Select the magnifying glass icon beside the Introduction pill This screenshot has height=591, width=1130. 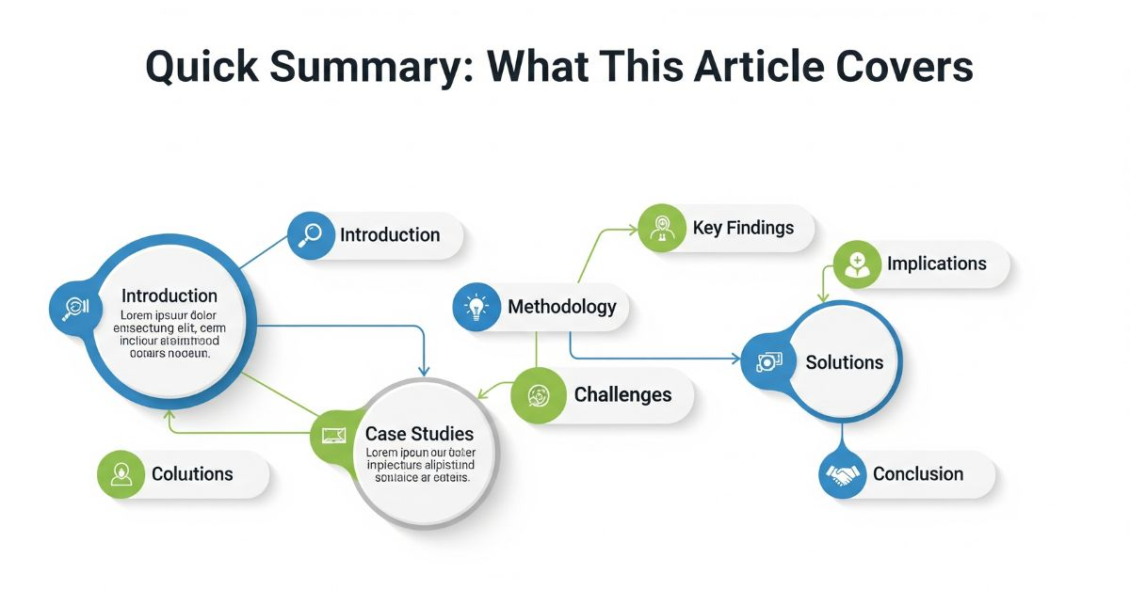[310, 235]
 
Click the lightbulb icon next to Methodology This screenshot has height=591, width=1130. [477, 307]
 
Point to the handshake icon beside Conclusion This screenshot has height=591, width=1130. [843, 474]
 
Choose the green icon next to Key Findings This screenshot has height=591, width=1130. [662, 229]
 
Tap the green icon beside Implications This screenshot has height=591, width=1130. [857, 264]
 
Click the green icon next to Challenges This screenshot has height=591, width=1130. [538, 395]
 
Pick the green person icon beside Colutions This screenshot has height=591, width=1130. [121, 474]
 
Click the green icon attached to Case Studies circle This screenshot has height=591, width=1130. [334, 435]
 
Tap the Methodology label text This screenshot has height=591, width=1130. [562, 307]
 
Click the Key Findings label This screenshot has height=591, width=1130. [743, 228]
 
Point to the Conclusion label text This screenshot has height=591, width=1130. [918, 474]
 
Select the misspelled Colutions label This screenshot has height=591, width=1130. [192, 474]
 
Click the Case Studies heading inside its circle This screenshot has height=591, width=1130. [419, 434]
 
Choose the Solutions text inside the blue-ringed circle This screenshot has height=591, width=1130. [845, 362]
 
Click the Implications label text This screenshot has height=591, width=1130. [936, 264]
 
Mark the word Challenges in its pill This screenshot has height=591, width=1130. [623, 395]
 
